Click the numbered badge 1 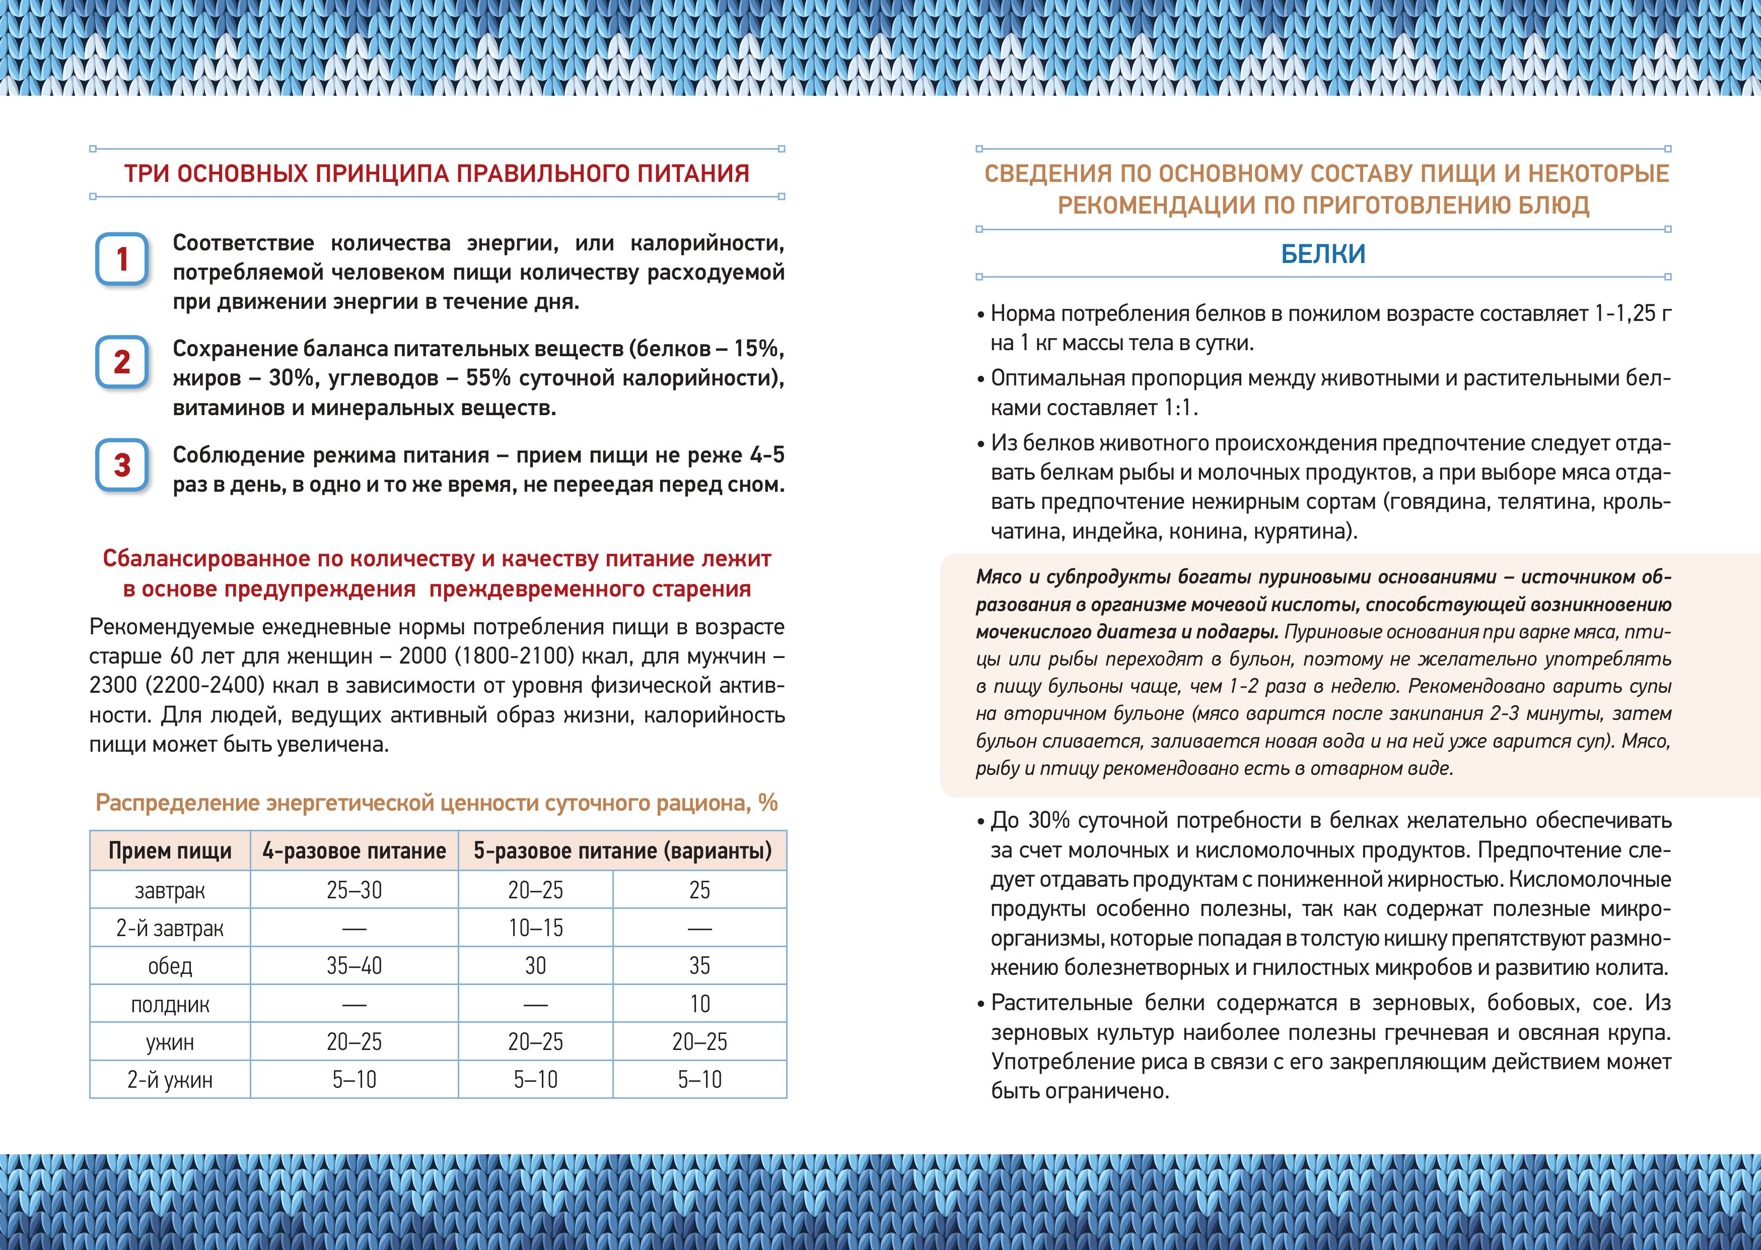point(121,259)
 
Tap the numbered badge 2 point(121,362)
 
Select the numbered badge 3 point(121,465)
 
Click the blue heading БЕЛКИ point(1323,254)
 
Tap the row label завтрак point(170,891)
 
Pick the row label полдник point(170,1005)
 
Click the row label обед point(170,966)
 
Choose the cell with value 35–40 point(354,966)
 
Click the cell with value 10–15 point(535,928)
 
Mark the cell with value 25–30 point(354,891)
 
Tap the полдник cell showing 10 point(699,1005)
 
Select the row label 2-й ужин point(170,1080)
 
